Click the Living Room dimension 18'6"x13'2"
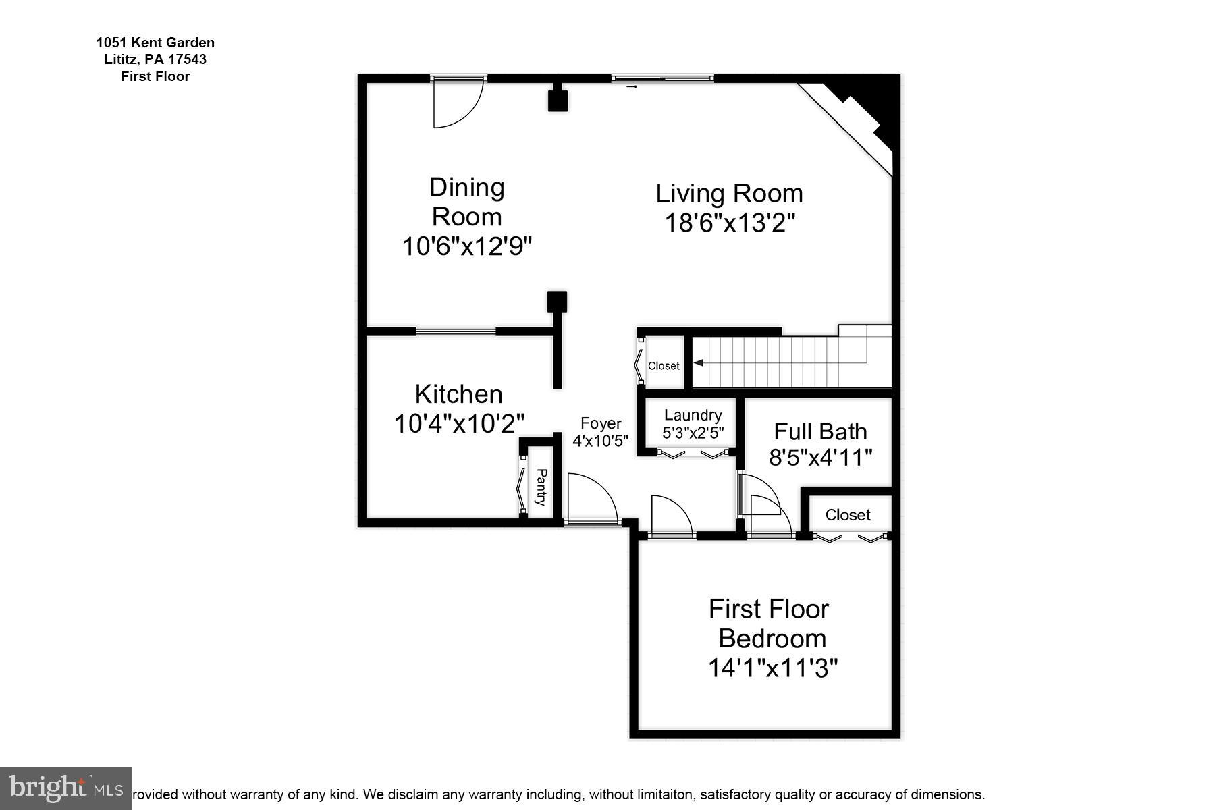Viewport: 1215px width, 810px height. (x=729, y=223)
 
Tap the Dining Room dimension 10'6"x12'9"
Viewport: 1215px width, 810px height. (x=467, y=246)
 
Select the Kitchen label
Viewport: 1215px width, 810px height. (x=459, y=394)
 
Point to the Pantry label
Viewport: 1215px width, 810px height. (x=541, y=487)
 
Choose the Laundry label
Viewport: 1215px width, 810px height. (x=693, y=416)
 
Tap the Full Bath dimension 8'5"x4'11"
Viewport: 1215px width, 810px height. (x=821, y=458)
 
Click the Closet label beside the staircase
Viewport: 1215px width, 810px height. (x=664, y=366)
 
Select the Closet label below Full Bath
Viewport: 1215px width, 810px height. (x=848, y=515)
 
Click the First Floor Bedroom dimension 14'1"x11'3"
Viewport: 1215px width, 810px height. (x=772, y=668)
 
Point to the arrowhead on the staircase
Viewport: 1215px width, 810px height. (x=699, y=363)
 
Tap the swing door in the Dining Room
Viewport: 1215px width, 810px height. (x=458, y=103)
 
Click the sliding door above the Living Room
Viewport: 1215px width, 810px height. (x=662, y=78)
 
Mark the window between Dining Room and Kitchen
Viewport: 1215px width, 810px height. (x=456, y=331)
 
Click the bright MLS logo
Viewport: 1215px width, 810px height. (x=65, y=788)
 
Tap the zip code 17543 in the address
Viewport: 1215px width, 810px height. (x=185, y=59)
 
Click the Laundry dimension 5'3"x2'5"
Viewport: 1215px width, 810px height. (x=693, y=433)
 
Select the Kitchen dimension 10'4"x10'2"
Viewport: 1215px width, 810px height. (x=459, y=424)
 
